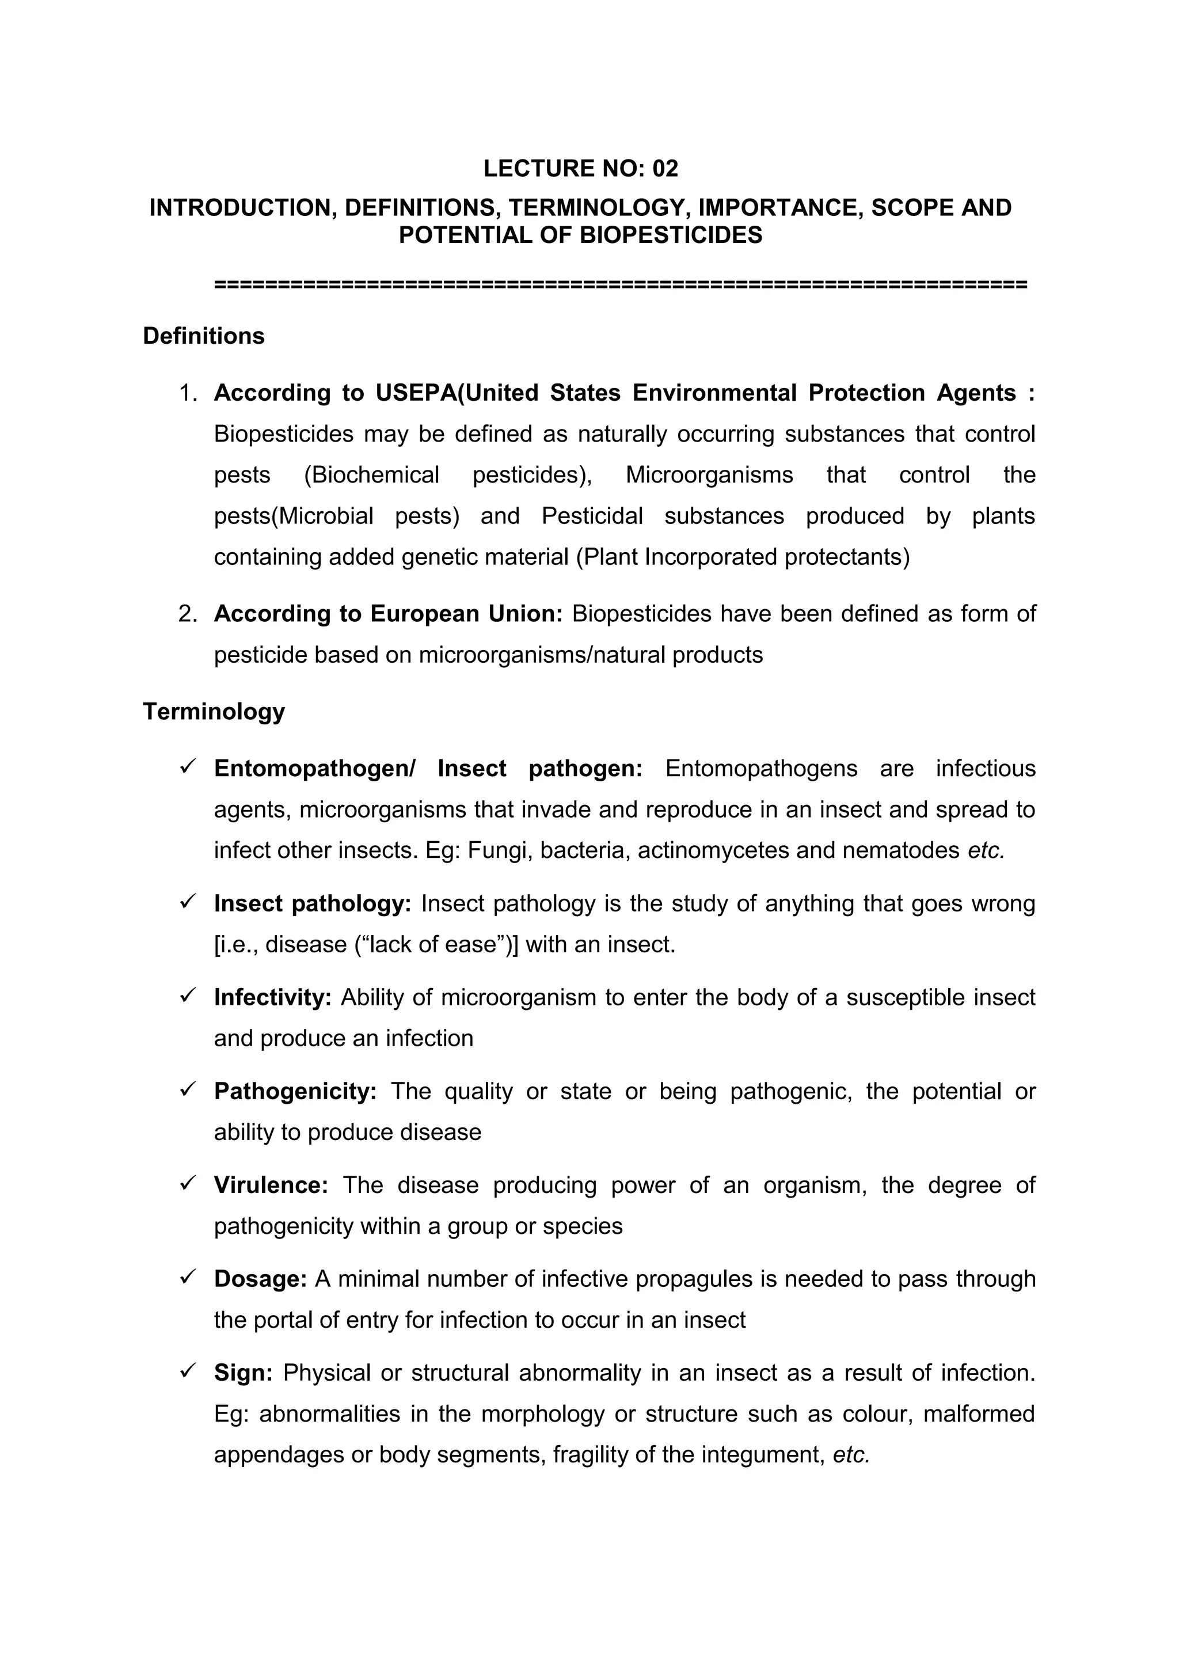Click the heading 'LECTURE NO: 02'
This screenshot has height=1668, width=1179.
click(x=580, y=169)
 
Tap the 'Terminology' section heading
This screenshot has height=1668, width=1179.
click(x=214, y=711)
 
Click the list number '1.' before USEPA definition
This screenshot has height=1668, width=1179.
click(x=188, y=393)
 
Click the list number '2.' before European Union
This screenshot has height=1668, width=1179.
click(x=188, y=614)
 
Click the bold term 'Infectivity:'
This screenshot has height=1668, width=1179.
click(x=272, y=997)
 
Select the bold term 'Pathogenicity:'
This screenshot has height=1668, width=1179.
click(x=295, y=1091)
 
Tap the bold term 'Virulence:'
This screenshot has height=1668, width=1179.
click(x=271, y=1185)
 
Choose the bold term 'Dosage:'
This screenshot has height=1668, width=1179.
click(x=261, y=1279)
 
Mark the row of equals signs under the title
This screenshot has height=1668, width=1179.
click(x=621, y=284)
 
